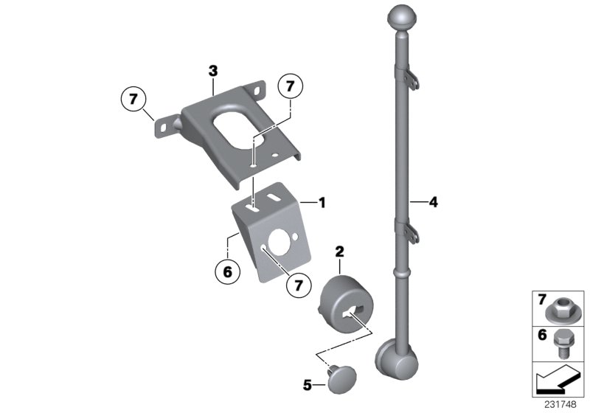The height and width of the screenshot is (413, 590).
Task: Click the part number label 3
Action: pos(213,71)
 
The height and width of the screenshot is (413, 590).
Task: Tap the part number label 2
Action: pos(340,252)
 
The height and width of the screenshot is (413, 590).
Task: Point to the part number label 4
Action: pos(434,201)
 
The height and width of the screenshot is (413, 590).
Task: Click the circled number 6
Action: pos(227,272)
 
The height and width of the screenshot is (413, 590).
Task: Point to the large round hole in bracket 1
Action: pos(282,243)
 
